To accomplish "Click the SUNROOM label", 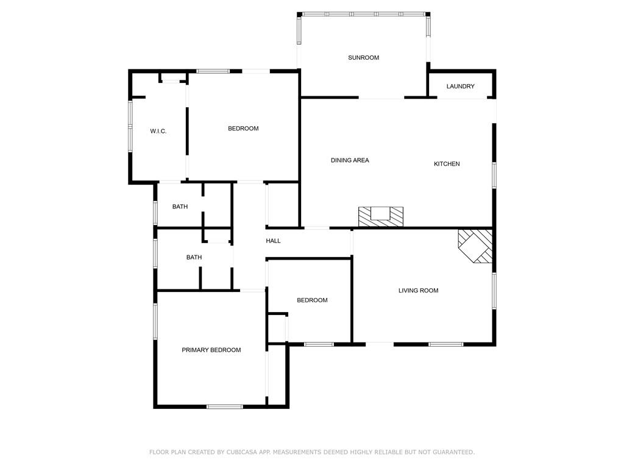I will [363, 58].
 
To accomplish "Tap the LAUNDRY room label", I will [460, 87].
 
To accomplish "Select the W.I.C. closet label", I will [158, 132].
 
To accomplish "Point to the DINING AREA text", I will [350, 160].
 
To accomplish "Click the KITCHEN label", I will [447, 164].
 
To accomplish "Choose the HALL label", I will [273, 241].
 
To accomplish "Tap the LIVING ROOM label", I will [418, 291].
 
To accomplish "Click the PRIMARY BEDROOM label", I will [211, 350].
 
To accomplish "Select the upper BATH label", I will [180, 207].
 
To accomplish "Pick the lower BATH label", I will [194, 258].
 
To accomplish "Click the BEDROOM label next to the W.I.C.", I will [243, 129].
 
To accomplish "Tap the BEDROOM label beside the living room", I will [312, 300].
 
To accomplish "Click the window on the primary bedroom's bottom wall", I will [224, 406].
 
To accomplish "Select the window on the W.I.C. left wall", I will [130, 126].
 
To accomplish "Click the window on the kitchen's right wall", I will [494, 175].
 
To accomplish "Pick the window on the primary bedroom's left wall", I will [155, 321].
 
